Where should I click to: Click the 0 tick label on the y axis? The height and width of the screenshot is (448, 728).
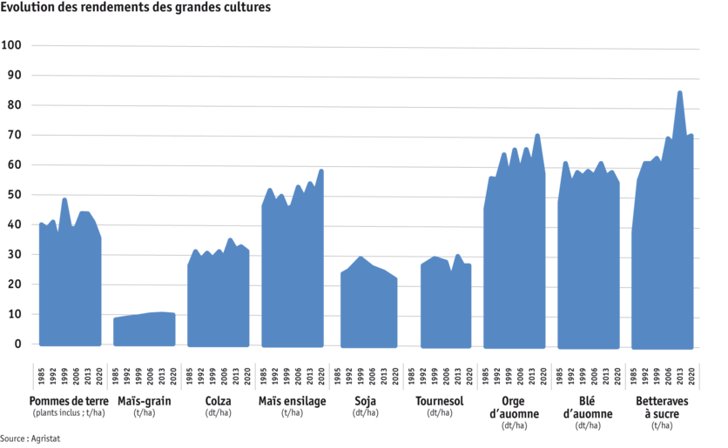(16, 344)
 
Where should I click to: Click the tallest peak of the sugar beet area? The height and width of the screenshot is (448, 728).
(680, 92)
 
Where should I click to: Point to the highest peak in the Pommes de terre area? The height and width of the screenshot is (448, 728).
(64, 199)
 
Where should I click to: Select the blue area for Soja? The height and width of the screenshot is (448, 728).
(368, 304)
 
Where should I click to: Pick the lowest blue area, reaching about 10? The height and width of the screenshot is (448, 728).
(144, 330)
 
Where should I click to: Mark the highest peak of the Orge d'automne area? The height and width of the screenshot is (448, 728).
(537, 136)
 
